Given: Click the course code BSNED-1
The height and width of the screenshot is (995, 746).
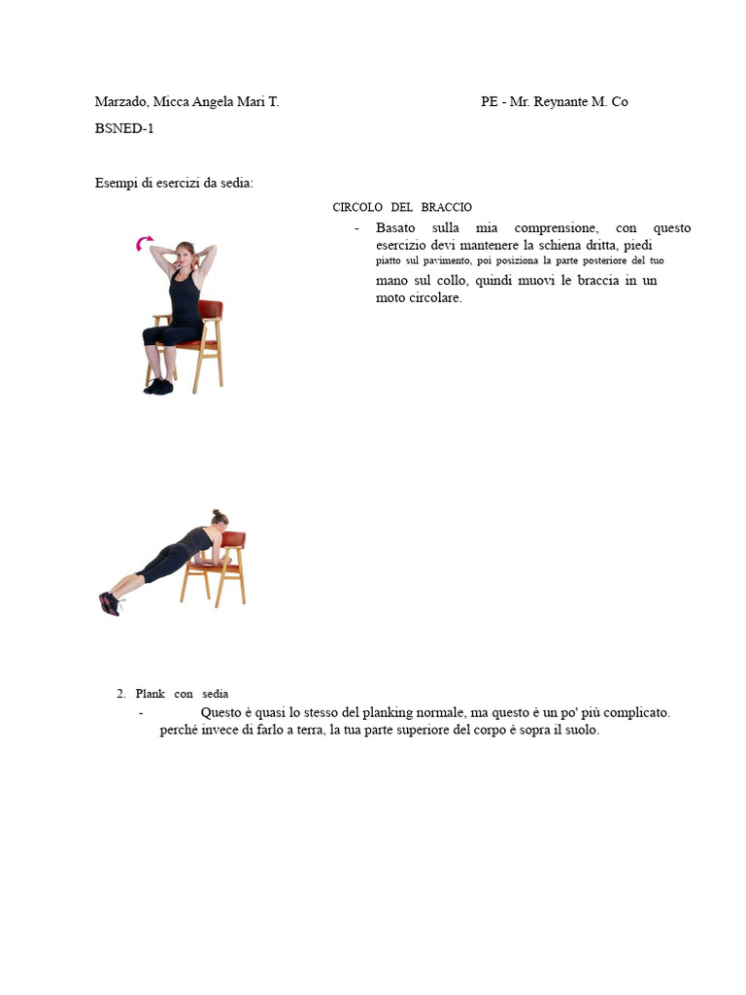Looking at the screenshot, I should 124,128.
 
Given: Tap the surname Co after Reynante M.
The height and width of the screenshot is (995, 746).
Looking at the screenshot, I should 619,102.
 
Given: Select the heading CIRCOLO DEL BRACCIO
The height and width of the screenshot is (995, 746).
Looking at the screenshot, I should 402,208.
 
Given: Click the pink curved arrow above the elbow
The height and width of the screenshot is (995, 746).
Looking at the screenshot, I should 145,243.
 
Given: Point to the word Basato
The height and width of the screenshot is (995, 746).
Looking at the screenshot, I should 395,228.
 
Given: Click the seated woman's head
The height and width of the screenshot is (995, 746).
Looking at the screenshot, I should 184,255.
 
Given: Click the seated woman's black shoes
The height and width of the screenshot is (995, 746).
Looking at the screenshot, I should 158,386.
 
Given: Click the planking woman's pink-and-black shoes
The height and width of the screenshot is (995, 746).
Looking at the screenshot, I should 109,603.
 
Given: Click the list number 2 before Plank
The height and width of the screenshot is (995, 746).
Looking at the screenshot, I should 120,694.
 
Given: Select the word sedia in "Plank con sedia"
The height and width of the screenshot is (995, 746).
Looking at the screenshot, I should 216,694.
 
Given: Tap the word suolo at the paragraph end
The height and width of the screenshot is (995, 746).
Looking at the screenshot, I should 581,731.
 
